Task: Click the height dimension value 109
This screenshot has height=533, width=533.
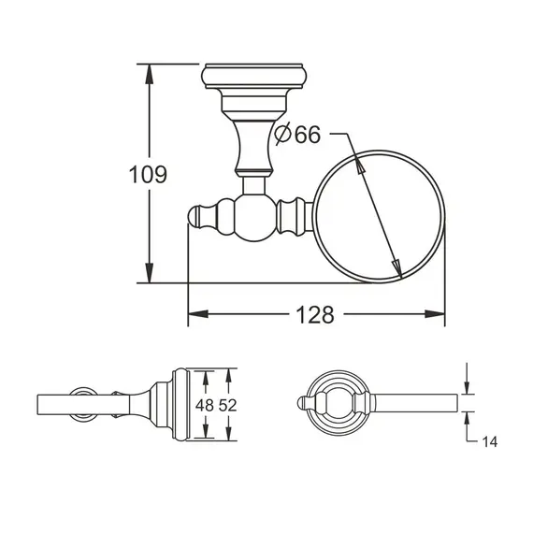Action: pos(149,174)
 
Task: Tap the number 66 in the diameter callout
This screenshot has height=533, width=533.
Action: pos(307,135)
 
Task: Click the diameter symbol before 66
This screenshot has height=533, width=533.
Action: pos(284,135)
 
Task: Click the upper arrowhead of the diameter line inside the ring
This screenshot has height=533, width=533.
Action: pos(358,165)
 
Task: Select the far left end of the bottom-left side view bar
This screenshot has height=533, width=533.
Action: pos(39,404)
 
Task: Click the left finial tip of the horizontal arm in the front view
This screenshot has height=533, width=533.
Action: pos(194,217)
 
